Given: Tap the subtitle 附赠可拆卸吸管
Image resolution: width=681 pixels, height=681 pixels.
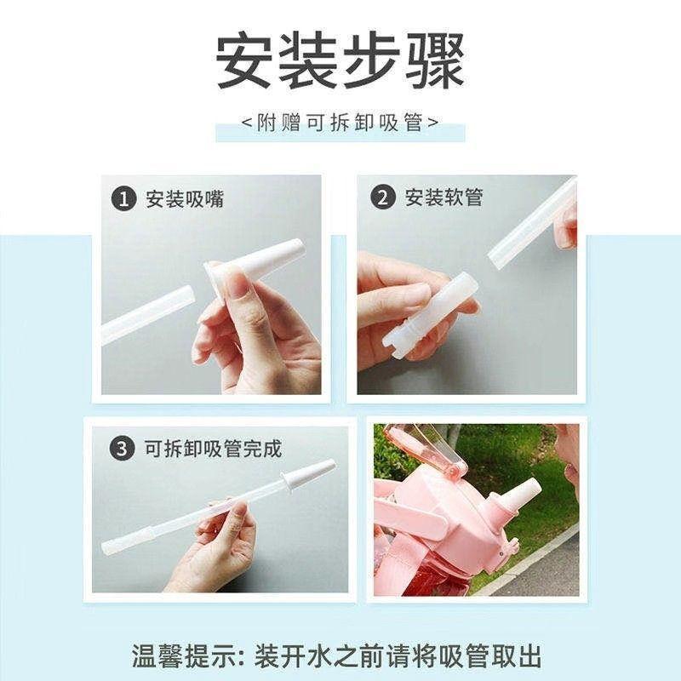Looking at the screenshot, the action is click(340, 123).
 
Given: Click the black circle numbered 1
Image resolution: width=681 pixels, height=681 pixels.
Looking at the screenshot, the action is click(123, 199).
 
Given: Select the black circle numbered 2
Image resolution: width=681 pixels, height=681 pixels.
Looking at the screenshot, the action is click(382, 197).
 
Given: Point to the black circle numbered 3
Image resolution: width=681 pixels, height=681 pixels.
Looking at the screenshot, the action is click(121, 448).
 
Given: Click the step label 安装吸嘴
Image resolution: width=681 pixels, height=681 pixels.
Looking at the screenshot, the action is click(185, 199).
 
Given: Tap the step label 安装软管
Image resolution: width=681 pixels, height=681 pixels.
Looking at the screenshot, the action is click(444, 197).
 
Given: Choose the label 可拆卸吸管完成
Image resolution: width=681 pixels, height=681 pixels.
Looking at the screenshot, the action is click(213, 449).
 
